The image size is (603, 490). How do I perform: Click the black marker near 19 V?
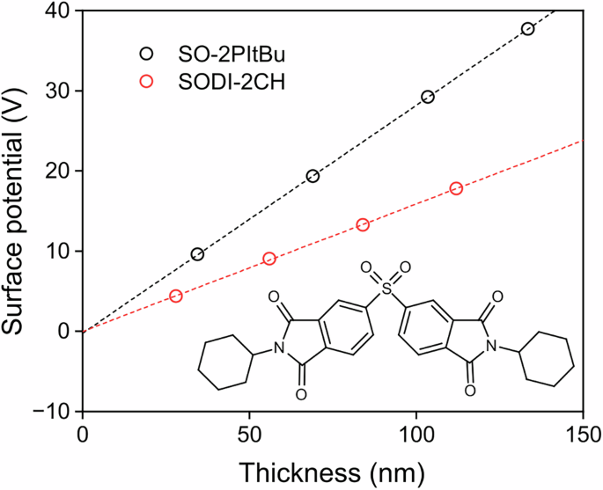313,176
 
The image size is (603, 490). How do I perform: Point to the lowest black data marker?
197,254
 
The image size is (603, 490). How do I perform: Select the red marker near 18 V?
456,188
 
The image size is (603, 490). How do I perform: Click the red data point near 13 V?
363,224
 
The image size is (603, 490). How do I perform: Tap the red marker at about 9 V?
269,259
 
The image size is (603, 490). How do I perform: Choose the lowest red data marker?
176,296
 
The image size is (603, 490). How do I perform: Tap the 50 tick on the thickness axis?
249,434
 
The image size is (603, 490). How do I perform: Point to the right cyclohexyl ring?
549,362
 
